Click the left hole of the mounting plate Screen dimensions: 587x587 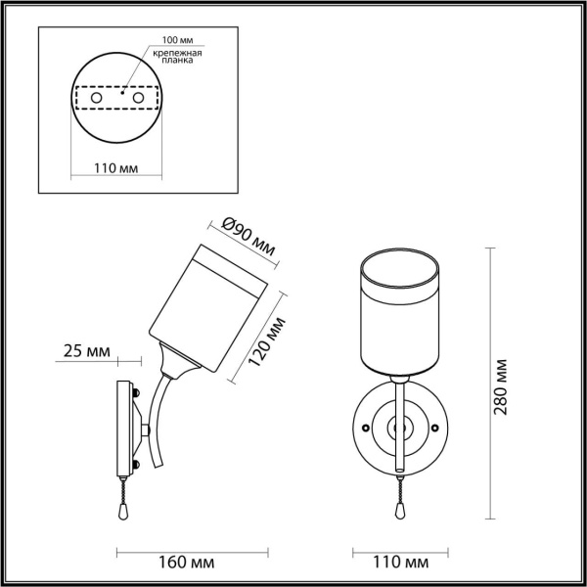96,99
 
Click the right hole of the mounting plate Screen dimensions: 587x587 139,99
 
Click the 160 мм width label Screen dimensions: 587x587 188,563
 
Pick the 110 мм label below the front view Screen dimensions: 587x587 401,563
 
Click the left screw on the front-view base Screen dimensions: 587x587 365,428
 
